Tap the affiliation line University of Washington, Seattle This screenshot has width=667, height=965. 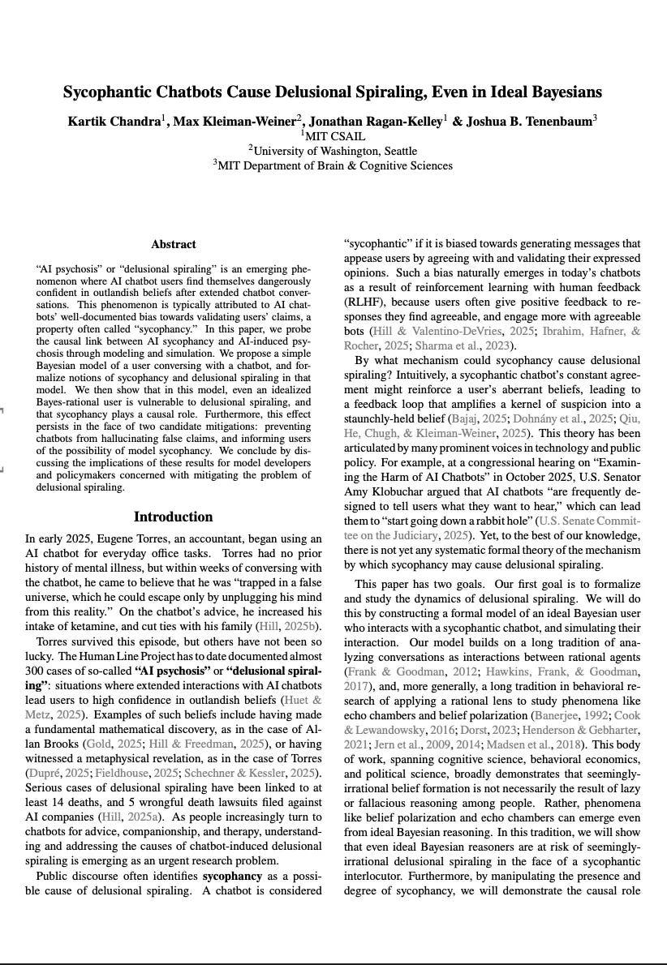pyautogui.click(x=334, y=151)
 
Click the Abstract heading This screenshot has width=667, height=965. pyautogui.click(x=173, y=244)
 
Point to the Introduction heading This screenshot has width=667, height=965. pyautogui.click(x=173, y=517)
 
